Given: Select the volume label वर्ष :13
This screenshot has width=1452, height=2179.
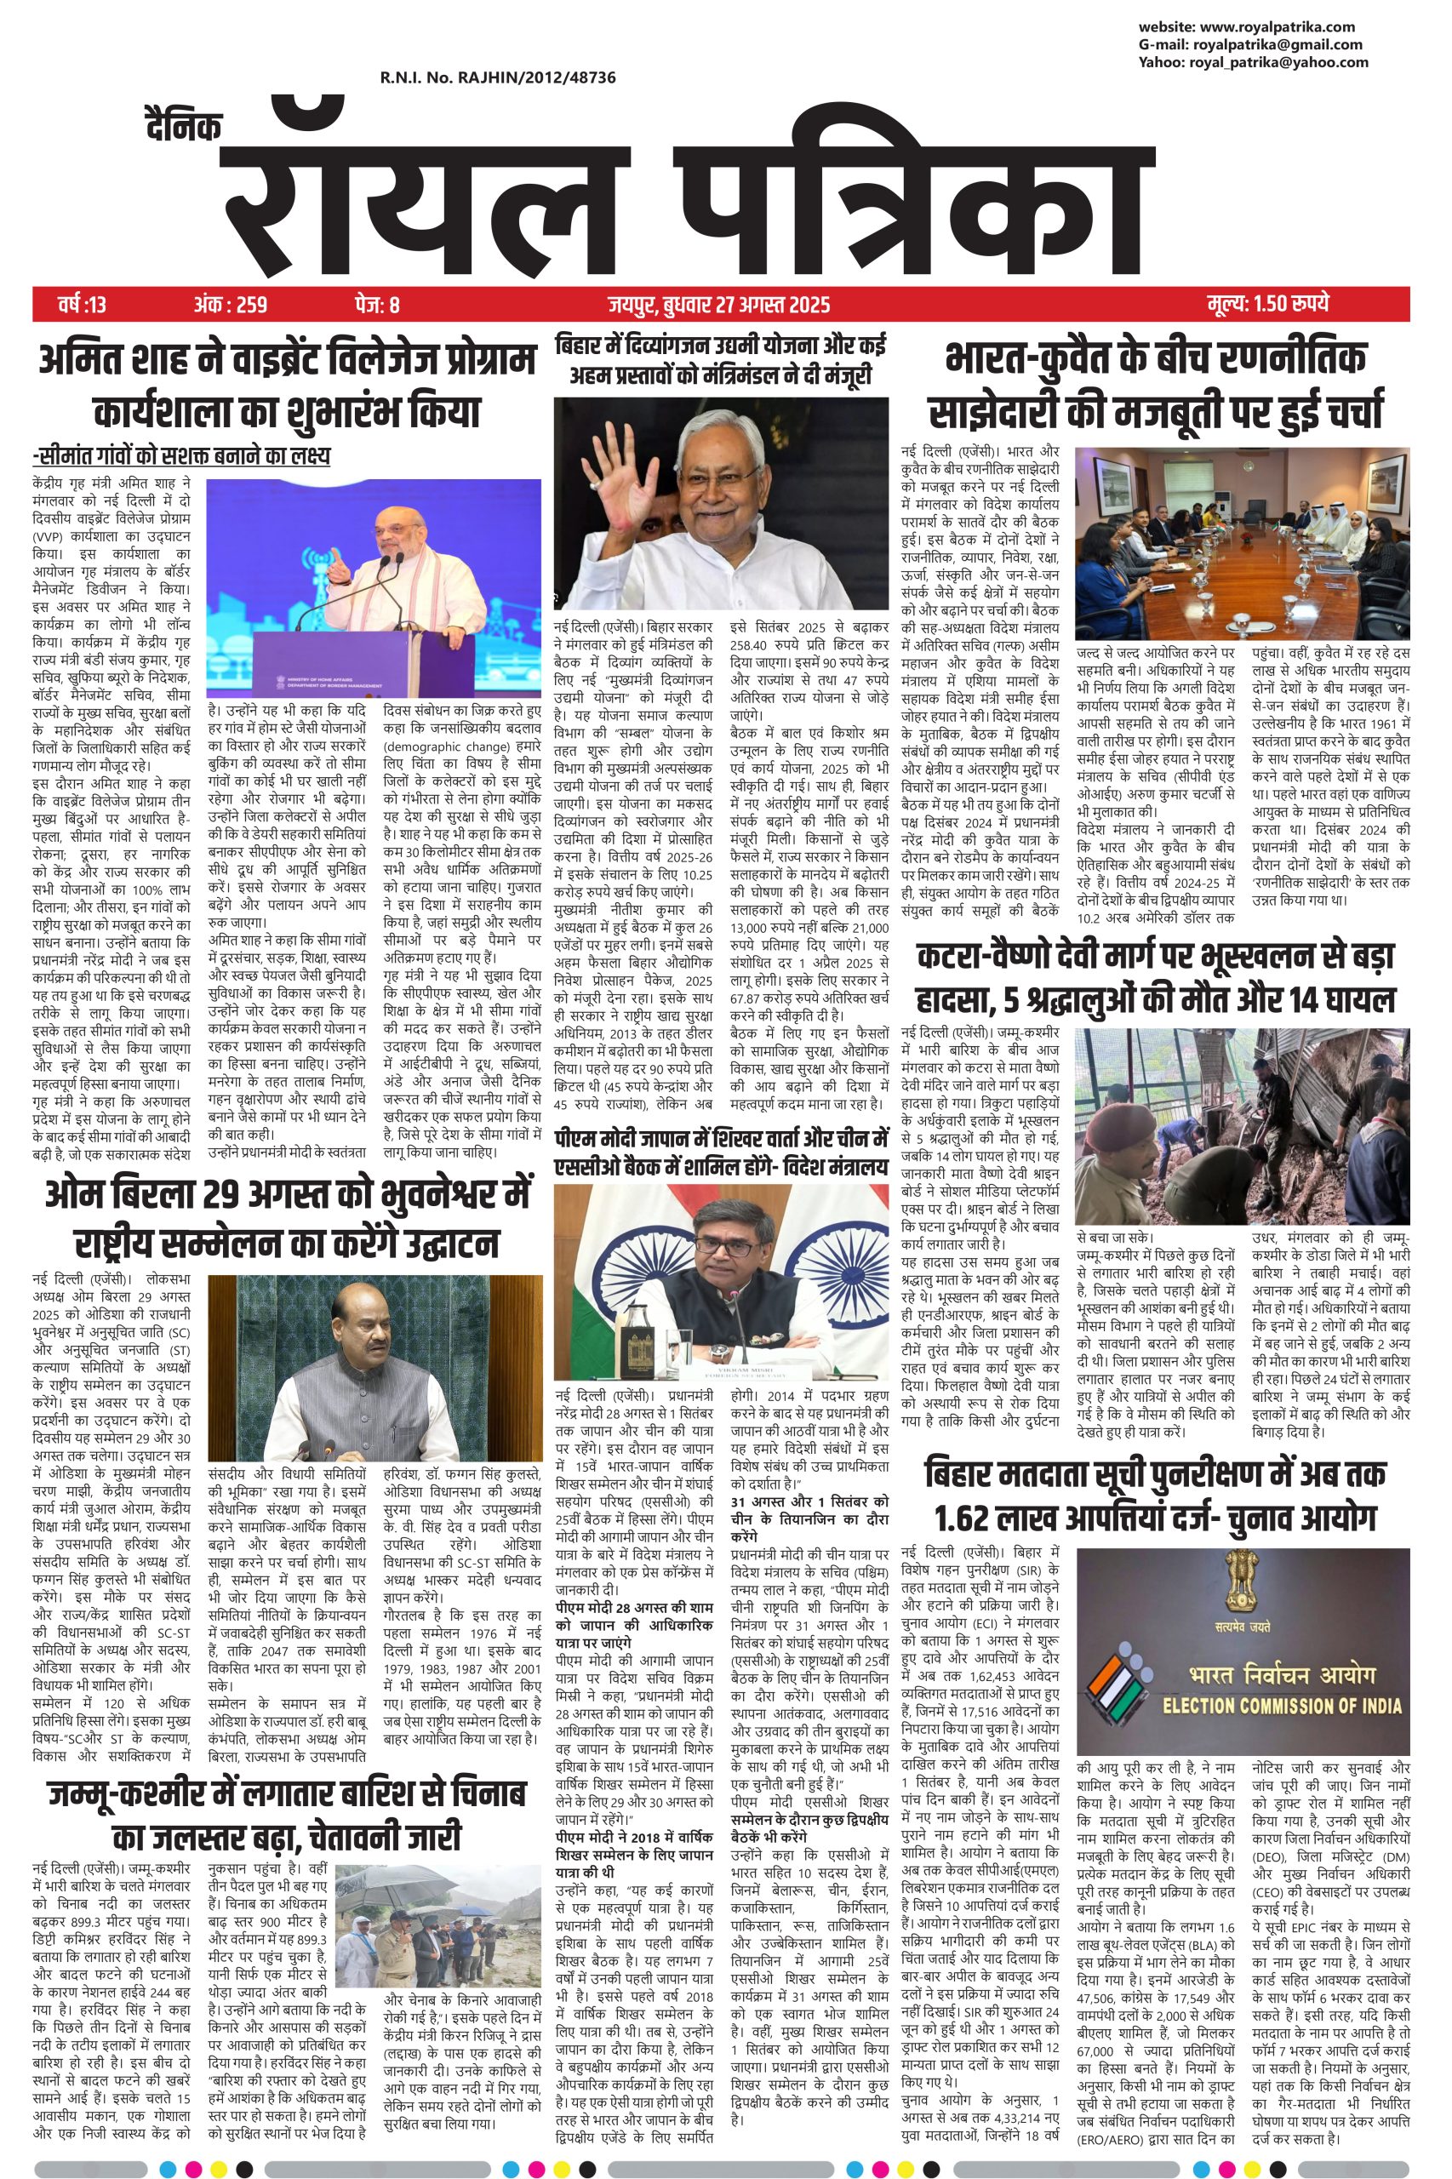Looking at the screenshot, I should (x=82, y=304).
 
